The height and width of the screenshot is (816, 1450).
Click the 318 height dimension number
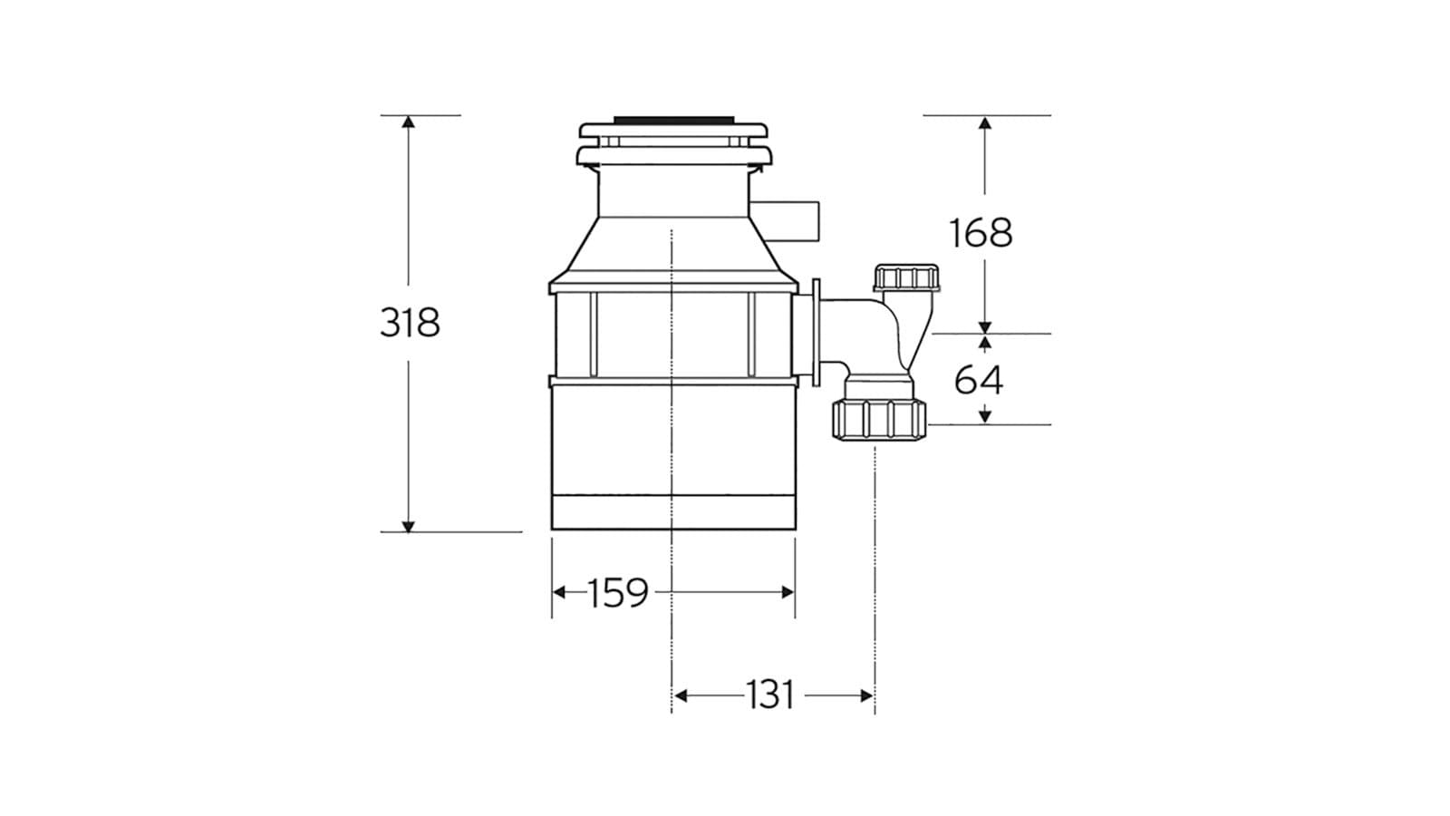[x=410, y=322]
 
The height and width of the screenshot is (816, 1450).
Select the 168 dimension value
[x=981, y=233]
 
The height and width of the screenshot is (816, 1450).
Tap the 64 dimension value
[x=979, y=380]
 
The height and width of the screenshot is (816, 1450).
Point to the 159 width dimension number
[x=618, y=593]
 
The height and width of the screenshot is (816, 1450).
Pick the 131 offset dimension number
[x=770, y=695]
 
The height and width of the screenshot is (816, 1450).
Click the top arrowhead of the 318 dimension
[x=408, y=122]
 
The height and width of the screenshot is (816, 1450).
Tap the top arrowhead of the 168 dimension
[x=985, y=122]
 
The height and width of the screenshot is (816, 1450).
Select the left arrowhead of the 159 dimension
[x=559, y=592]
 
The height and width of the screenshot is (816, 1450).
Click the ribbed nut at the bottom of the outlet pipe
[x=879, y=420]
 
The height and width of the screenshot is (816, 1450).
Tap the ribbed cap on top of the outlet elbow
[x=907, y=277]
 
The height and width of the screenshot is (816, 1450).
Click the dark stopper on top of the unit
[x=672, y=119]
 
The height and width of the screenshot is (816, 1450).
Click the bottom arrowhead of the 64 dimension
[x=985, y=416]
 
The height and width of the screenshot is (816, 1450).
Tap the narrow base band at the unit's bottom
[x=672, y=513]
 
